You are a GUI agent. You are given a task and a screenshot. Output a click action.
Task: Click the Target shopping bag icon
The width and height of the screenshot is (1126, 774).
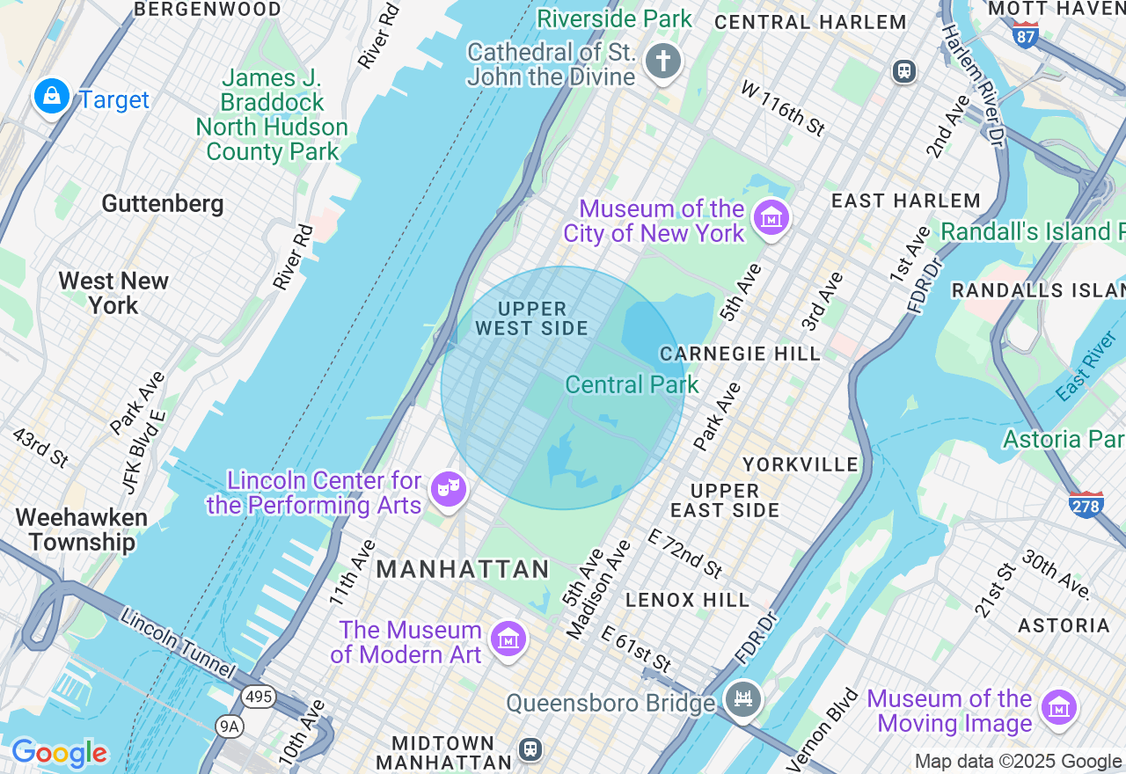tap(52, 96)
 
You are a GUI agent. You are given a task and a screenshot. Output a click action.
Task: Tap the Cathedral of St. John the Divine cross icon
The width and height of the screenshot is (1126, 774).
tap(663, 62)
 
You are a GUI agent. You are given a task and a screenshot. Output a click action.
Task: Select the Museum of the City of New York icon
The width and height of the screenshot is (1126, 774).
tap(771, 217)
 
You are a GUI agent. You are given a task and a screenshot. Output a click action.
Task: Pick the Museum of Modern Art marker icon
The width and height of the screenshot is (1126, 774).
tap(508, 639)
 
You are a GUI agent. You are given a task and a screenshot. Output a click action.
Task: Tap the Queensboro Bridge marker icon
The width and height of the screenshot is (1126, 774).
tap(743, 699)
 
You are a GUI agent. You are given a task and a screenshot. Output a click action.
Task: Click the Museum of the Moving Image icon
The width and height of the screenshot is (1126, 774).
tap(1058, 708)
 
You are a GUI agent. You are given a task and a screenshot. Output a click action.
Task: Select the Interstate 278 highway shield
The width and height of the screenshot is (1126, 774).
tap(1086, 504)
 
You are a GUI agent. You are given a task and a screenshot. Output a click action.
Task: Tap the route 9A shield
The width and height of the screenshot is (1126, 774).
tap(229, 726)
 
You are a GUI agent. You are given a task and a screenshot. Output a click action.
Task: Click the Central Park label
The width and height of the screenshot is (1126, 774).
tap(632, 384)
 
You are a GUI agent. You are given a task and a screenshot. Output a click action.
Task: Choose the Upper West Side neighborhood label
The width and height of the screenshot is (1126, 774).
tap(531, 318)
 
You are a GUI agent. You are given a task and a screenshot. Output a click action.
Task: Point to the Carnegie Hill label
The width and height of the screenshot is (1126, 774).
tap(740, 354)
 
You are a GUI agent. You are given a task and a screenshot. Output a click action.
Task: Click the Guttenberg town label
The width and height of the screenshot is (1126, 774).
tap(163, 204)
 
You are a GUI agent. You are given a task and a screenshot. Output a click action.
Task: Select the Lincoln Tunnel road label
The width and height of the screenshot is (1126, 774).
tap(178, 643)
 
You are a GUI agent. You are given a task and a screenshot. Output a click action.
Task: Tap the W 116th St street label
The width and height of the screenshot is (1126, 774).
tap(782, 108)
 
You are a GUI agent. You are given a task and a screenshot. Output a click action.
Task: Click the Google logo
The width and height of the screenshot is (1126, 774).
tap(59, 753)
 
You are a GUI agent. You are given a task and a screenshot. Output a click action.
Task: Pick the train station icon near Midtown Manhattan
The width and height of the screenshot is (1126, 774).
tap(530, 748)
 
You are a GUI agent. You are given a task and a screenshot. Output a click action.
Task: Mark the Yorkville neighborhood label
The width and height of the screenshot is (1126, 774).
tap(800, 464)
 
